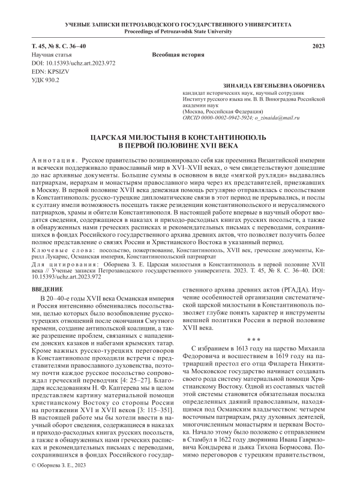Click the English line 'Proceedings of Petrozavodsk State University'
pyautogui.click(x=180, y=31)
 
